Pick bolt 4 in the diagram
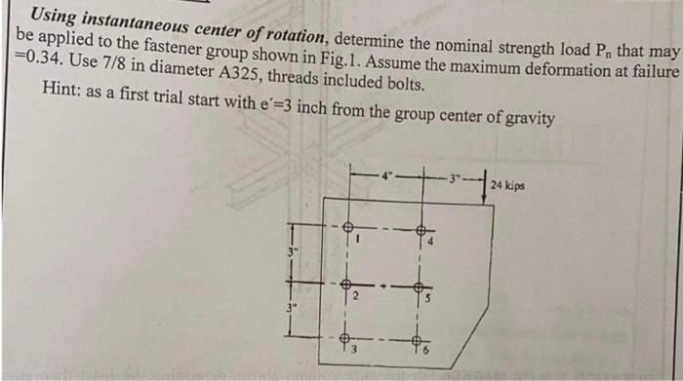421,231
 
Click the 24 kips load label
508,183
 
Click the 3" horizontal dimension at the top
454,177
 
